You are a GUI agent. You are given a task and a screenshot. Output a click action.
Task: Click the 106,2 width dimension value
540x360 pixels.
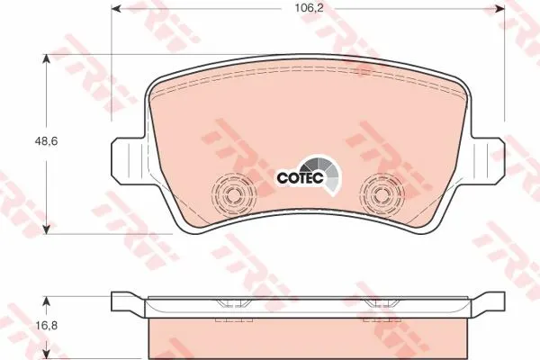[x=309, y=8]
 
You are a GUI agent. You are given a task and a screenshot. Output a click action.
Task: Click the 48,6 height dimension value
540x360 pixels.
[x=46, y=141]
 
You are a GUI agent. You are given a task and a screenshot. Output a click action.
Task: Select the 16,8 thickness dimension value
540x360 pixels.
[x=46, y=325]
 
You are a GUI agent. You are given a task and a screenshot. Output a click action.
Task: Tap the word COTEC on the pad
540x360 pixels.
[x=300, y=178]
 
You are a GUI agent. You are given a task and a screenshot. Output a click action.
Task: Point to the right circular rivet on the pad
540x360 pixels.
[x=382, y=195]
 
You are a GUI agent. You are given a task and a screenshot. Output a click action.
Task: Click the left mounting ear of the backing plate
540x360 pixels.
[x=128, y=160]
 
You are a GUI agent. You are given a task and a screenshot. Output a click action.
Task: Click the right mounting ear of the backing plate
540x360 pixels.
[x=488, y=160]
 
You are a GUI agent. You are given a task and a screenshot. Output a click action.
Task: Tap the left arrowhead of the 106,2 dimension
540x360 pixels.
[x=117, y=9]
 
